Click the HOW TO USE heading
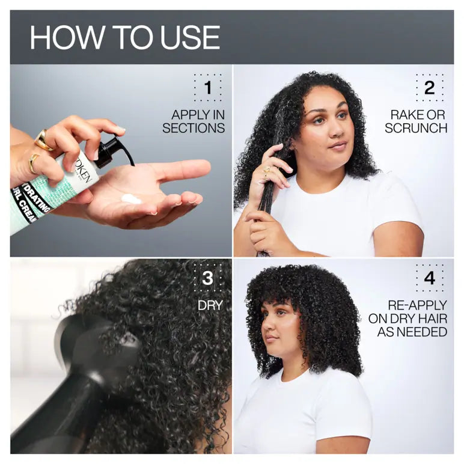[x=125, y=37]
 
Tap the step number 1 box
[x=207, y=88]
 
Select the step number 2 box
[x=429, y=88]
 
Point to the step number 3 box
[x=207, y=278]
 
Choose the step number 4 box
[x=429, y=278]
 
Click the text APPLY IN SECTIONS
[x=194, y=121]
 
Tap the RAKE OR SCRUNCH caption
[x=416, y=121]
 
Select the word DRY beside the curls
[x=210, y=305]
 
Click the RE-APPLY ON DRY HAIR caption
[x=412, y=319]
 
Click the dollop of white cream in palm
[x=131, y=199]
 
